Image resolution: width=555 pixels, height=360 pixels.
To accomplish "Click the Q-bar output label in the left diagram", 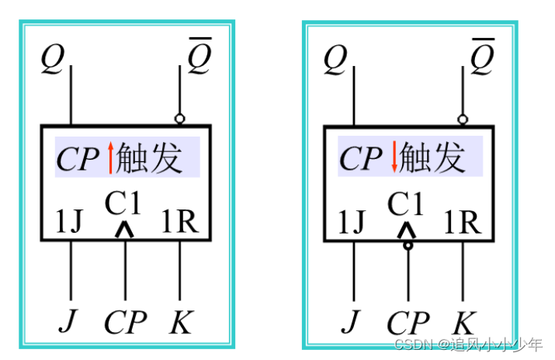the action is click(x=199, y=55).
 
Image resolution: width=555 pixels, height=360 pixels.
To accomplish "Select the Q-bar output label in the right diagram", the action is click(x=482, y=55).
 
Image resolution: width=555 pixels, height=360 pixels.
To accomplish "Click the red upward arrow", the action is click(x=111, y=157).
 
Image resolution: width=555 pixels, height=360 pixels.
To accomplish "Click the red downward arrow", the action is click(x=394, y=157).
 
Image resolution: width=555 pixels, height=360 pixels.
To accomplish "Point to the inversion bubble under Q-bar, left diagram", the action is click(x=180, y=119).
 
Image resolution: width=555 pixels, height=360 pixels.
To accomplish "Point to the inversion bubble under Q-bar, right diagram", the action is click(x=463, y=119).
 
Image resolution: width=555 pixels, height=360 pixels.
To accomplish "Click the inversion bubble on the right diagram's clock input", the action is click(x=408, y=246).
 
